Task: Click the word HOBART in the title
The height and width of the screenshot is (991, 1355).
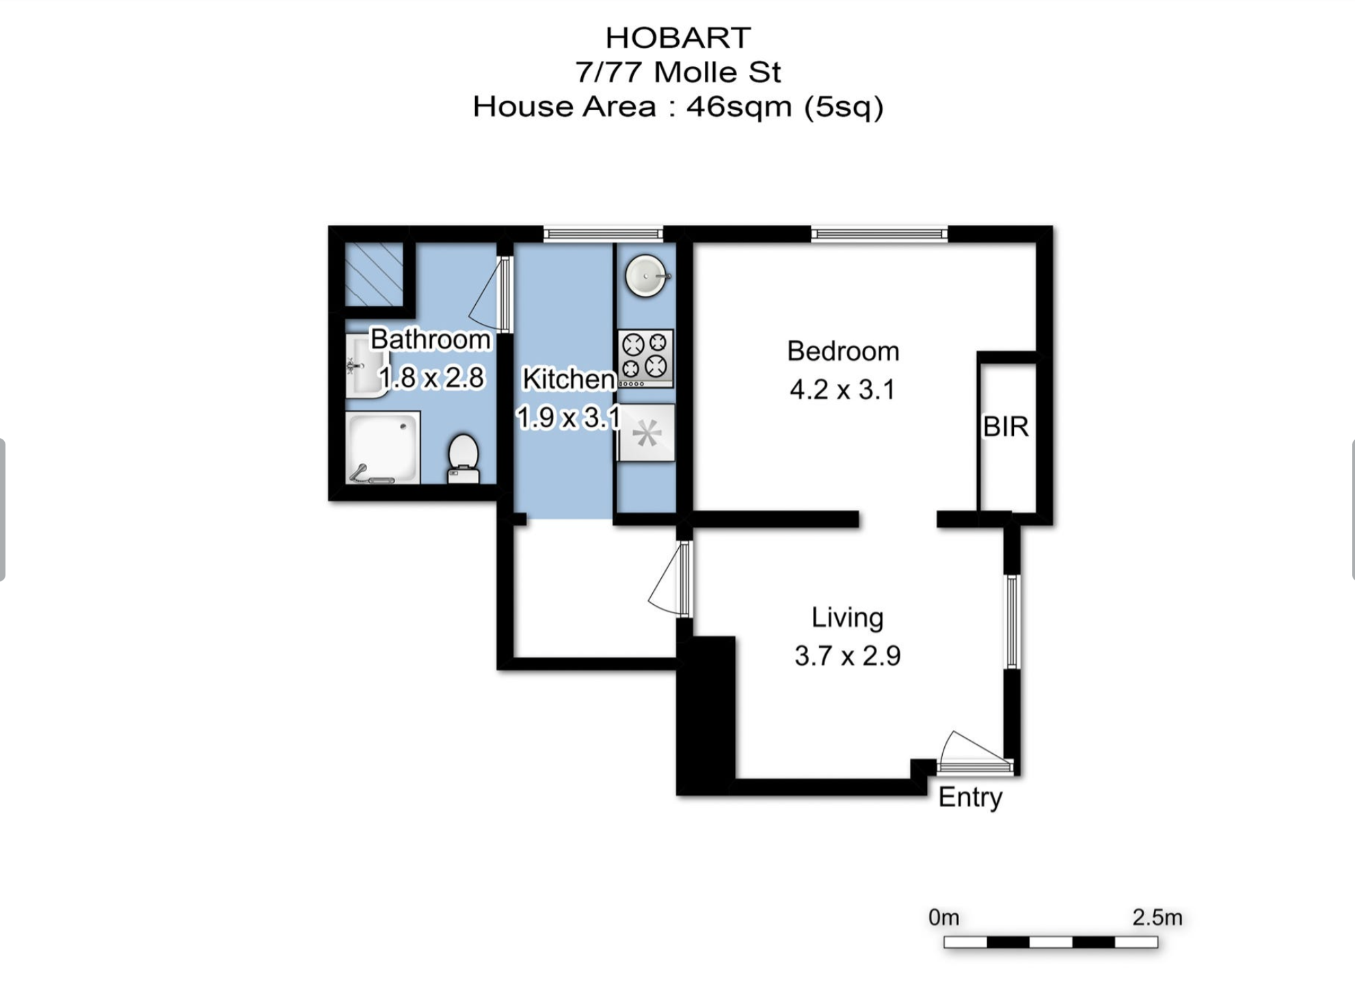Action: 677,38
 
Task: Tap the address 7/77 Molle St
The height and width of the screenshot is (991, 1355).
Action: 677,72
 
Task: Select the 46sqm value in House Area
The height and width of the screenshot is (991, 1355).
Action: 738,107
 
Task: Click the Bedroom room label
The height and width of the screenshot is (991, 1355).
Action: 842,351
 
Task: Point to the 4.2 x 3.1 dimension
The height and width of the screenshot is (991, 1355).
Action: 842,390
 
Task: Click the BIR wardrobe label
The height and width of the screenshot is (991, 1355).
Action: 1005,426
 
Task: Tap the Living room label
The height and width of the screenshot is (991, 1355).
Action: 847,617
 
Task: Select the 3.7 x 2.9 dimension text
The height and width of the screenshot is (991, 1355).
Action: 847,655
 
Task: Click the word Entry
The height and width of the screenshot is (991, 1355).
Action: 970,797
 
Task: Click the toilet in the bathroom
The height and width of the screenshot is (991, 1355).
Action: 463,458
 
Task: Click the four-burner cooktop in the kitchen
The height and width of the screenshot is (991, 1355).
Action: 645,357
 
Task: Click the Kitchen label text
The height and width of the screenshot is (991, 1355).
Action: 568,379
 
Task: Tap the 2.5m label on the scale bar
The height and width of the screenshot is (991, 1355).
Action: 1157,917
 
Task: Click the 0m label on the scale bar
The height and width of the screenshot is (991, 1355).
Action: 943,917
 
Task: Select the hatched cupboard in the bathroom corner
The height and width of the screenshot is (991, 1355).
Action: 373,274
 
